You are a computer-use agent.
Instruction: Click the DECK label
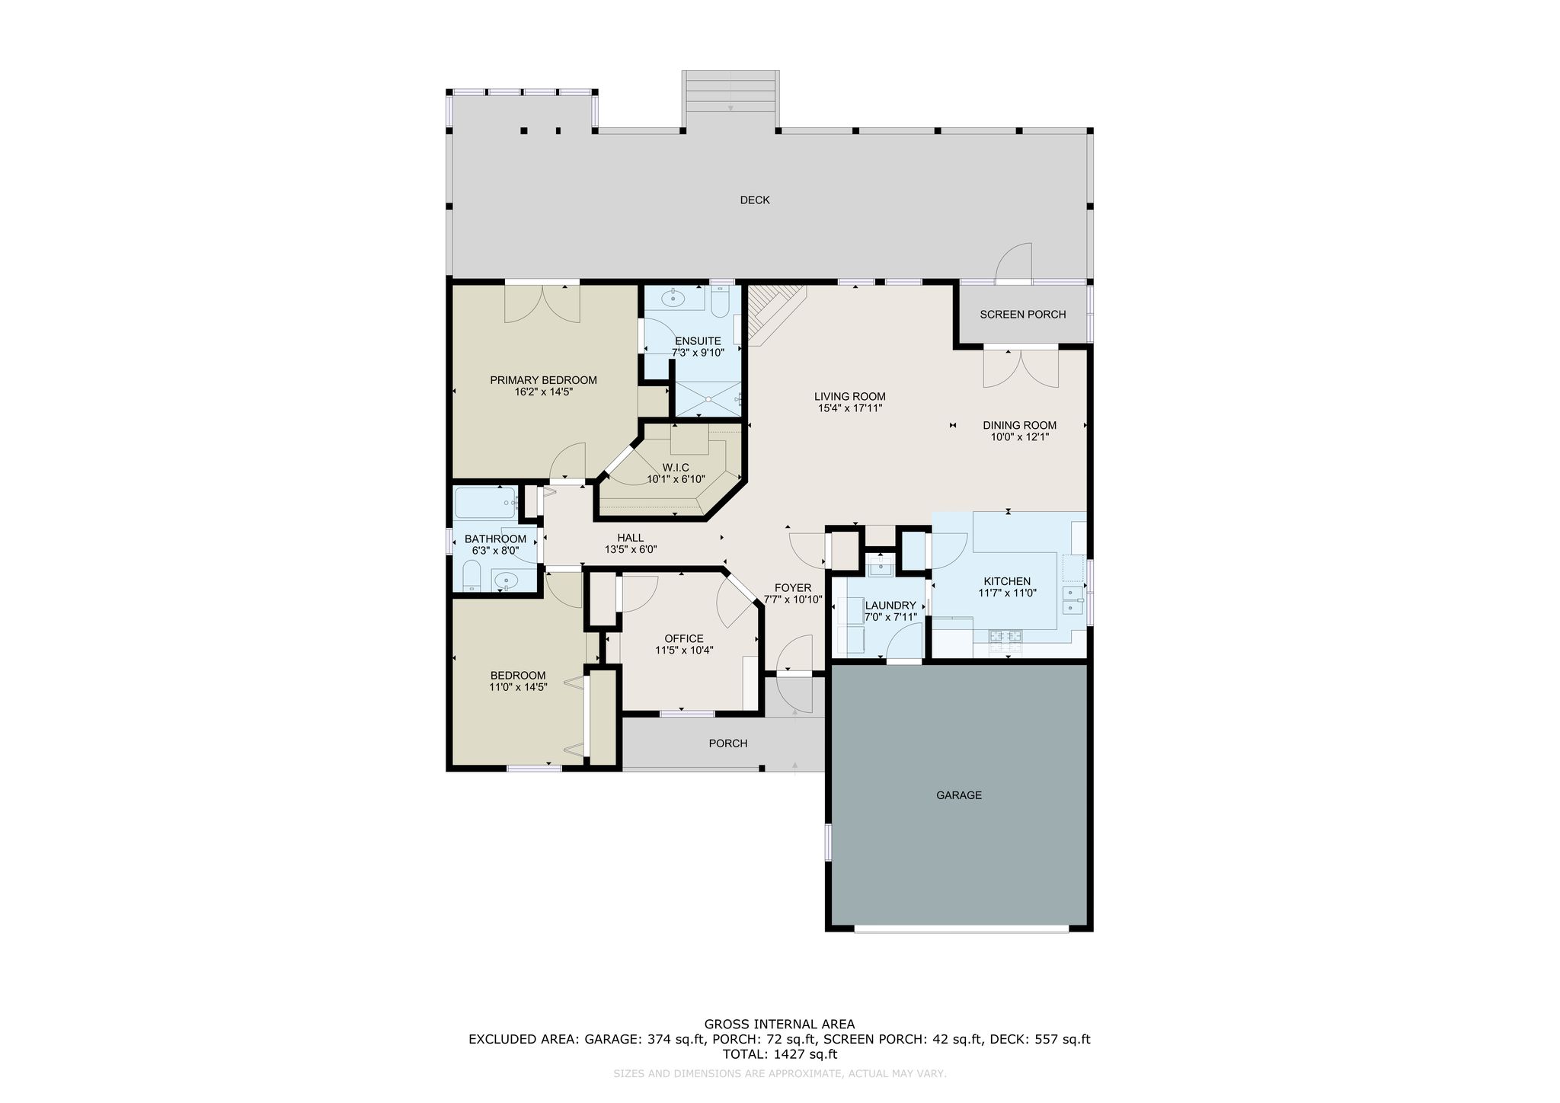755,200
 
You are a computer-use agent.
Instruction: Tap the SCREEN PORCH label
1022,315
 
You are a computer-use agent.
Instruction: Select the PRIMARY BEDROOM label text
543,380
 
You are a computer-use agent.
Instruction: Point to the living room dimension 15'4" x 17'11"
850,408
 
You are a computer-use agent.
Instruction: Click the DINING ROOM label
1019,426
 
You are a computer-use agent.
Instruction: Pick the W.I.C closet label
676,468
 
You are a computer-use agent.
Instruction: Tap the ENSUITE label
698,341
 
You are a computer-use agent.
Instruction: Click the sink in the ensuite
673,299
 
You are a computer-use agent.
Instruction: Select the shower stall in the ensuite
708,398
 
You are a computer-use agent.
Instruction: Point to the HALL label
631,538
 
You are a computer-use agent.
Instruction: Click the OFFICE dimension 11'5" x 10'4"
684,651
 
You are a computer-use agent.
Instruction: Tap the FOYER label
793,588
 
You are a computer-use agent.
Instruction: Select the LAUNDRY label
890,606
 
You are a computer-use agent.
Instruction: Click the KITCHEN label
1007,581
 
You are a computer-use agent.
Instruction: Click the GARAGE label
959,795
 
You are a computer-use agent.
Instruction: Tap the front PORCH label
728,743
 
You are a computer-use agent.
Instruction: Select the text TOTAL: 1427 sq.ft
779,1054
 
